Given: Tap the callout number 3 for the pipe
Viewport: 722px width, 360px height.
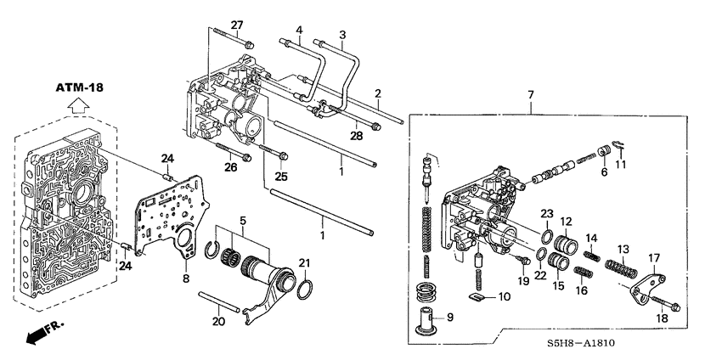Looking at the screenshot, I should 342,35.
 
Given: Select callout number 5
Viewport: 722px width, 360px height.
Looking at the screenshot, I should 244,221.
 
